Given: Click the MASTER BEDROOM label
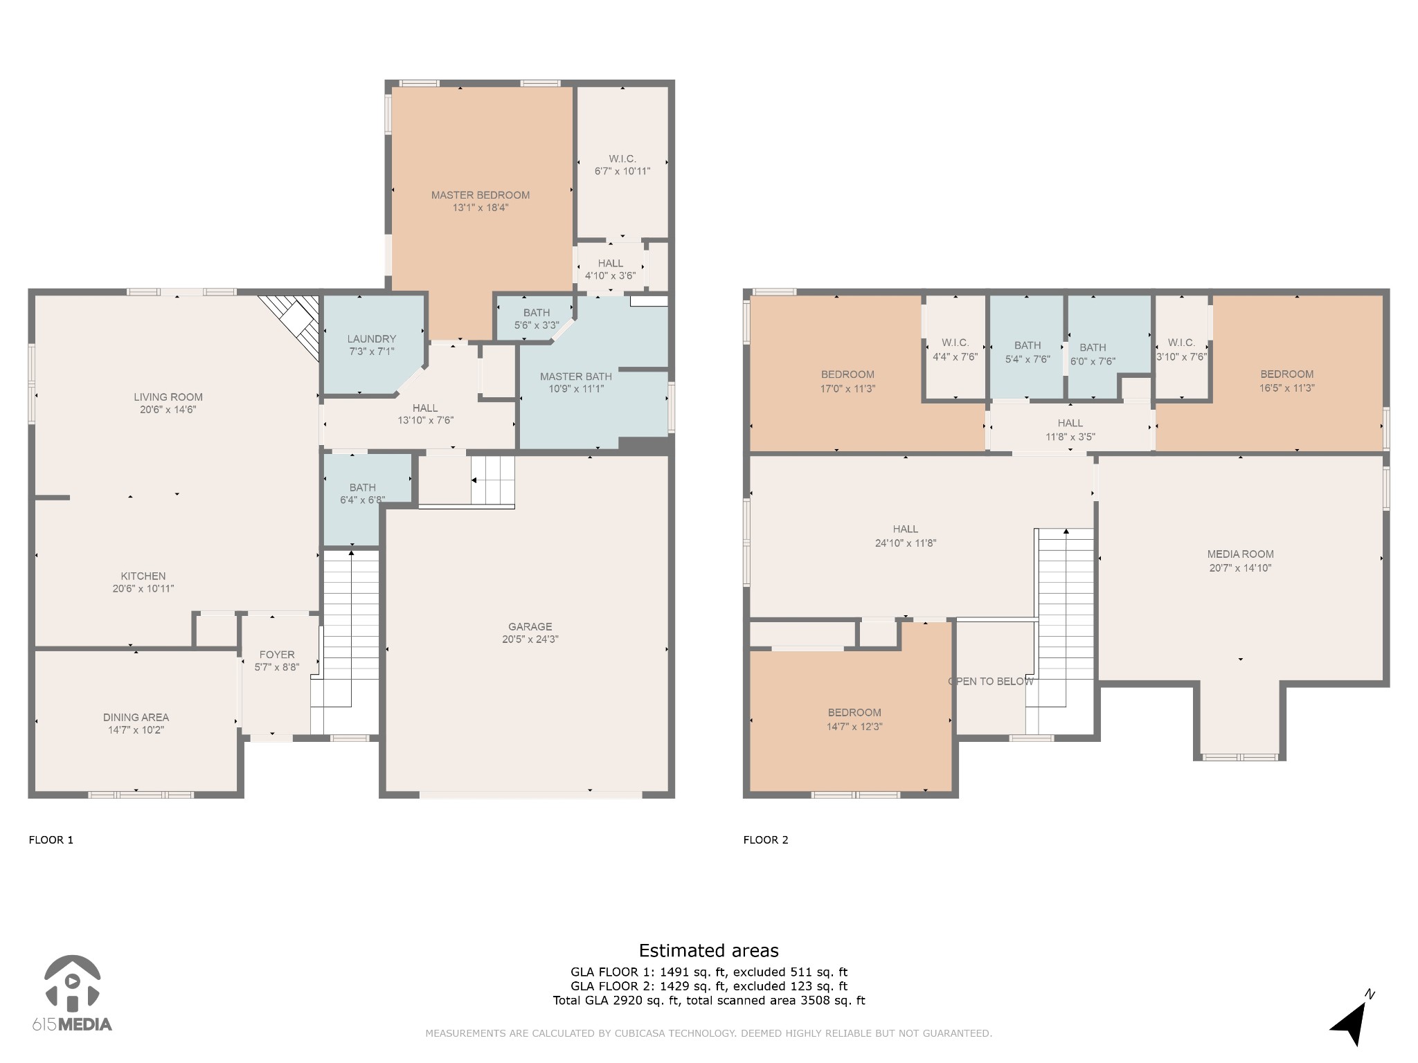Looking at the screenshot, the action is [481, 195].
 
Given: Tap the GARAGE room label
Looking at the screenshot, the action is [530, 626].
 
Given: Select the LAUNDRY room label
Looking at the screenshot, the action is [372, 339].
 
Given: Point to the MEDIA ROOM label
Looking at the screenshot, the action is [1240, 554].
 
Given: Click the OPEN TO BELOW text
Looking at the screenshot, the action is [991, 682].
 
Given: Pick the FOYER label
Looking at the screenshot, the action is [277, 655].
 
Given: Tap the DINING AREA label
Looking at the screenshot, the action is [136, 718].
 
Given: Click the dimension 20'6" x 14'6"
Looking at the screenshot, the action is [168, 410].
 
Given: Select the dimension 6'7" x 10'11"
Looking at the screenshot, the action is [622, 172].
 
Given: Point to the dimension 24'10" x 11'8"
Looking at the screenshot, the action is [906, 543].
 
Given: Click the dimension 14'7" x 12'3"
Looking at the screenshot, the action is [854, 727].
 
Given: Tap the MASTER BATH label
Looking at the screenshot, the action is [576, 376].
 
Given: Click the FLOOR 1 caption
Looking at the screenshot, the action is [51, 840].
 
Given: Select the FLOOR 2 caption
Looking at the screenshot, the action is [766, 840].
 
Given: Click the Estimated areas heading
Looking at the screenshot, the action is [708, 951].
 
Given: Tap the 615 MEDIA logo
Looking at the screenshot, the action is [72, 993].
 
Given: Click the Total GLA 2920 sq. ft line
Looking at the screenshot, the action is [708, 1001].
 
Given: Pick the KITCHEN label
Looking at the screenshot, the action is [143, 576].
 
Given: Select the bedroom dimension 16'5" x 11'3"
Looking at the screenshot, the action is [1286, 388].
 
